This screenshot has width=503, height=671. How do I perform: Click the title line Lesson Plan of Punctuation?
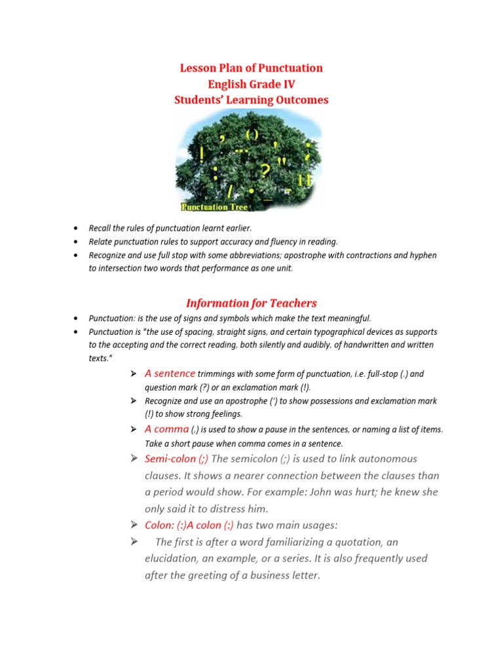click(251, 68)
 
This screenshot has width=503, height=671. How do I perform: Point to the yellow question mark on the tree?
click(265, 171)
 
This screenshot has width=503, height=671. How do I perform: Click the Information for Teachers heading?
click(251, 303)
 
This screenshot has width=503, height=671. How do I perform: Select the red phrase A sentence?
click(170, 374)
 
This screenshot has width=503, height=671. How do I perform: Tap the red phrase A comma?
click(166, 429)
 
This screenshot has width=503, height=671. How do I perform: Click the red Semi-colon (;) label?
click(176, 459)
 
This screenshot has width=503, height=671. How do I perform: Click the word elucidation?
click(173, 558)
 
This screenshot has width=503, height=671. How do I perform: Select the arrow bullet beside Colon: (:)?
click(134, 525)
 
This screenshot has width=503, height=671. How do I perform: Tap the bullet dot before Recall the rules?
click(77, 227)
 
